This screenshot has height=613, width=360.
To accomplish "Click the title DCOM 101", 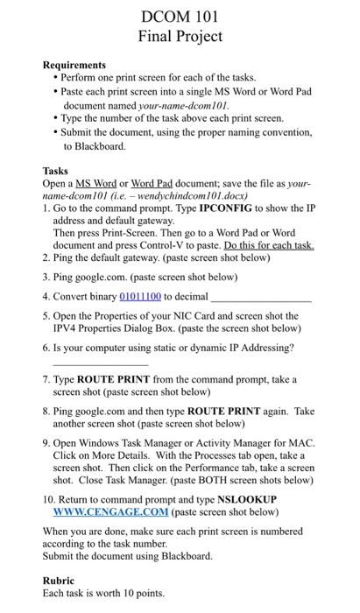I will pyautogui.click(x=180, y=16).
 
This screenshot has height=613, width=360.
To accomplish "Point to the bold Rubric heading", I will pyautogui.click(x=60, y=580).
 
